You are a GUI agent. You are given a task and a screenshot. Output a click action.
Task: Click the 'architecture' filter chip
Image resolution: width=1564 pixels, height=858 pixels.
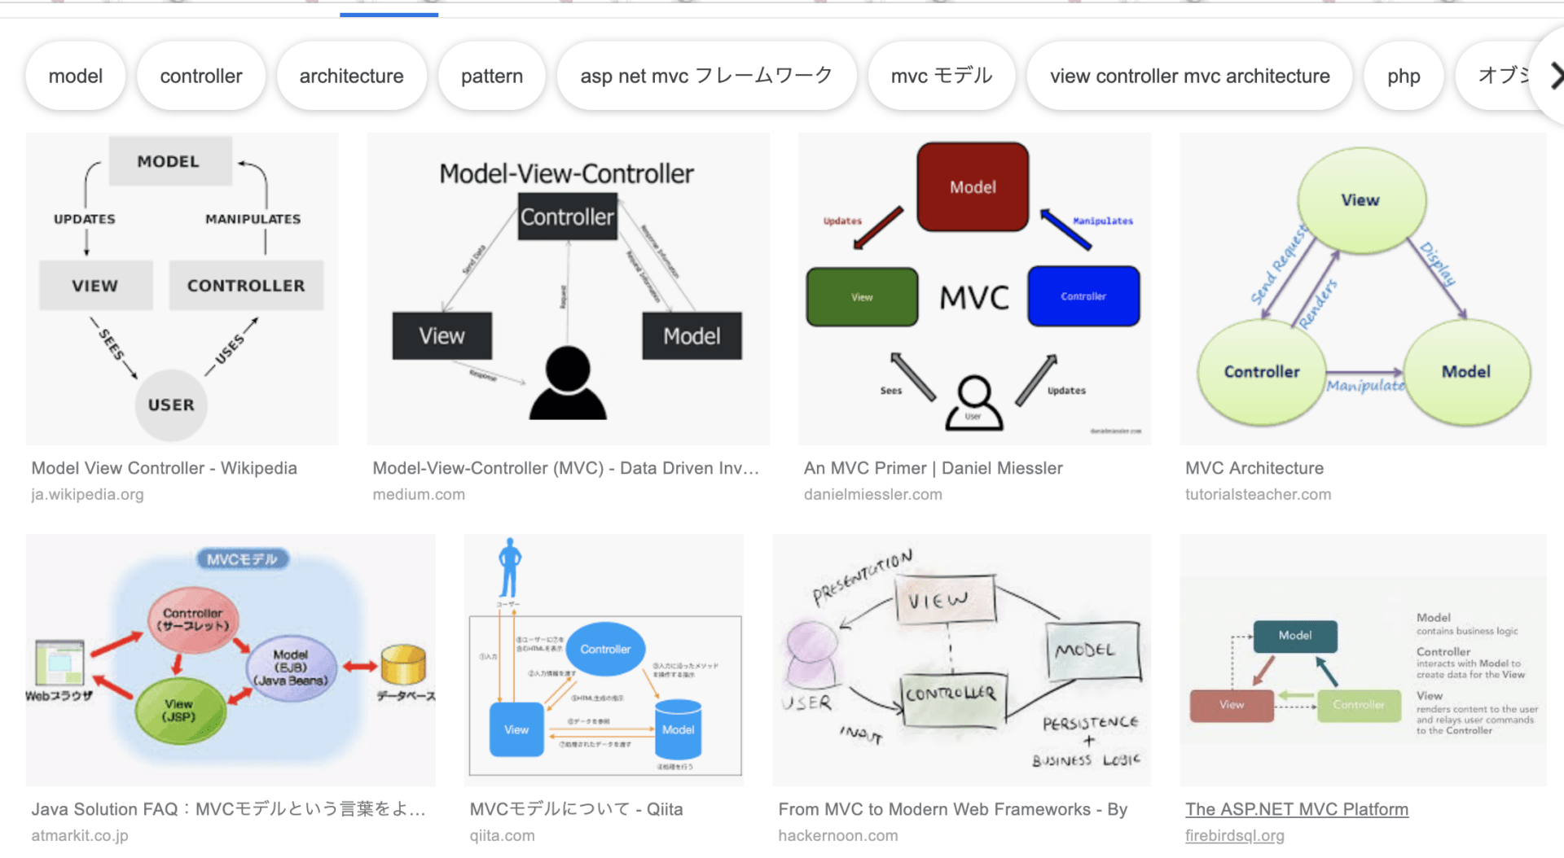pyautogui.click(x=351, y=77)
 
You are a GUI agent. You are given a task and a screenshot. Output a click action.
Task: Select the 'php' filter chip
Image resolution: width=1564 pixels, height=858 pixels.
pyautogui.click(x=1403, y=77)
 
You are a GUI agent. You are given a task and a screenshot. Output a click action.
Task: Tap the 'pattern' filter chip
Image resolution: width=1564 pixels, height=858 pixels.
pyautogui.click(x=491, y=77)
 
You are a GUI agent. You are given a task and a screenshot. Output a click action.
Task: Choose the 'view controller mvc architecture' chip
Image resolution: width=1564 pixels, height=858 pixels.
pyautogui.click(x=1189, y=77)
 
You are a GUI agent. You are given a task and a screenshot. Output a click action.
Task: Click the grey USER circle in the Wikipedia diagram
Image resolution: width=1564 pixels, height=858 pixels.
pyautogui.click(x=171, y=405)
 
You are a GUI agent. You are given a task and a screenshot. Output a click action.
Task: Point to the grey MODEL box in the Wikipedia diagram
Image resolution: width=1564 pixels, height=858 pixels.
pyautogui.click(x=169, y=161)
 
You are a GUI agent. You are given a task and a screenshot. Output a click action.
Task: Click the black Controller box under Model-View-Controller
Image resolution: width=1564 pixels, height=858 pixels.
pyautogui.click(x=567, y=217)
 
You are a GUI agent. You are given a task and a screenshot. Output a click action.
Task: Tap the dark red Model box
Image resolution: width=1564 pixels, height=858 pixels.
pyautogui.click(x=973, y=187)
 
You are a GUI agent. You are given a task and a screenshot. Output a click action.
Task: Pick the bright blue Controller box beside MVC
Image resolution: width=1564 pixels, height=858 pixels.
pyautogui.click(x=1083, y=296)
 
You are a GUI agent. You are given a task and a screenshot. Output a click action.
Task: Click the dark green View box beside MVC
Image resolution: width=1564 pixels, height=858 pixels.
pyautogui.click(x=862, y=297)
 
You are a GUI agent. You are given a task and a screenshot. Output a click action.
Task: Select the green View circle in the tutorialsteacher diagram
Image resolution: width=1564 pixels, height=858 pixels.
pyautogui.click(x=1360, y=200)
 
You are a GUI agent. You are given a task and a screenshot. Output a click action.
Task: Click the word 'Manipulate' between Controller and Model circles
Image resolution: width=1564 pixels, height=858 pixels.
pyautogui.click(x=1365, y=385)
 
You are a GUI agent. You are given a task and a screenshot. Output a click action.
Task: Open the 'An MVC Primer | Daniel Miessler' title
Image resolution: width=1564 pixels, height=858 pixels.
pyautogui.click(x=933, y=468)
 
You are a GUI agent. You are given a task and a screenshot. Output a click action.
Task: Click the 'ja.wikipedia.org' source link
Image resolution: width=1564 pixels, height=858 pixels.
pyautogui.click(x=87, y=494)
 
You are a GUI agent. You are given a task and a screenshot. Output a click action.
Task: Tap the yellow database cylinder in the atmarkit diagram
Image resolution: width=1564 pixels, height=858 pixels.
pyautogui.click(x=403, y=664)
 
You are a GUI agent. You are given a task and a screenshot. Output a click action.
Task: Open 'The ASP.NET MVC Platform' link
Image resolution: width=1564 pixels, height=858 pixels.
pyautogui.click(x=1296, y=809)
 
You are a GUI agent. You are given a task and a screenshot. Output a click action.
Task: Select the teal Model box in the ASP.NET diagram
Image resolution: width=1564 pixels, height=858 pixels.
pyautogui.click(x=1294, y=636)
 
